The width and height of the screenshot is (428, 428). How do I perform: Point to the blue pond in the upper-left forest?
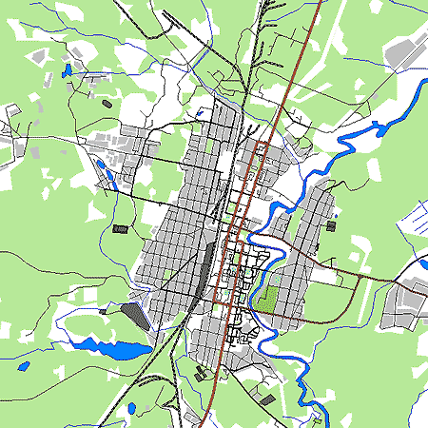[x=67, y=70]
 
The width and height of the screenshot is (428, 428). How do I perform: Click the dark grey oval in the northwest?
[x=107, y=102]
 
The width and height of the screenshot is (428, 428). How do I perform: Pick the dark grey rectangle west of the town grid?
[x=120, y=228]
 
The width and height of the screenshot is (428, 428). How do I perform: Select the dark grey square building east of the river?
[x=330, y=226]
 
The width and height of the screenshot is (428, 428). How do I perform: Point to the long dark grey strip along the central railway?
[x=203, y=271]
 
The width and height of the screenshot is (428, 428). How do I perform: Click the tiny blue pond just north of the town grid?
[x=200, y=115]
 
